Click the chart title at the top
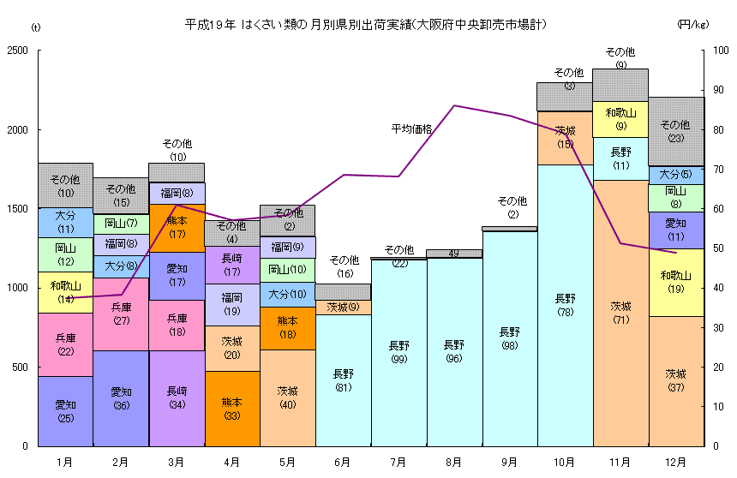click(x=366, y=23)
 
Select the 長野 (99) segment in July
click(x=398, y=352)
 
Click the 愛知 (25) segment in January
click(x=66, y=411)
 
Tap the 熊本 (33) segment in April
click(x=232, y=409)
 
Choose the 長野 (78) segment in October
click(x=565, y=305)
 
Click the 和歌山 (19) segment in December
click(x=675, y=283)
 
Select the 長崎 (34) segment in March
click(x=177, y=398)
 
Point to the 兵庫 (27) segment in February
click(x=121, y=314)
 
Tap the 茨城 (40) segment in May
click(x=288, y=397)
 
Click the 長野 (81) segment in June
click(x=343, y=380)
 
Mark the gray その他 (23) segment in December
click(x=675, y=131)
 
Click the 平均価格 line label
click(x=411, y=129)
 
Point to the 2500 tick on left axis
click(x=17, y=51)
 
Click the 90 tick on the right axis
click(x=719, y=91)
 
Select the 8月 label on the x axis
click(x=454, y=462)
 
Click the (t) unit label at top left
click(x=35, y=27)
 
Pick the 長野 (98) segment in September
click(x=510, y=338)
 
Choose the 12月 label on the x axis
click(x=675, y=462)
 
